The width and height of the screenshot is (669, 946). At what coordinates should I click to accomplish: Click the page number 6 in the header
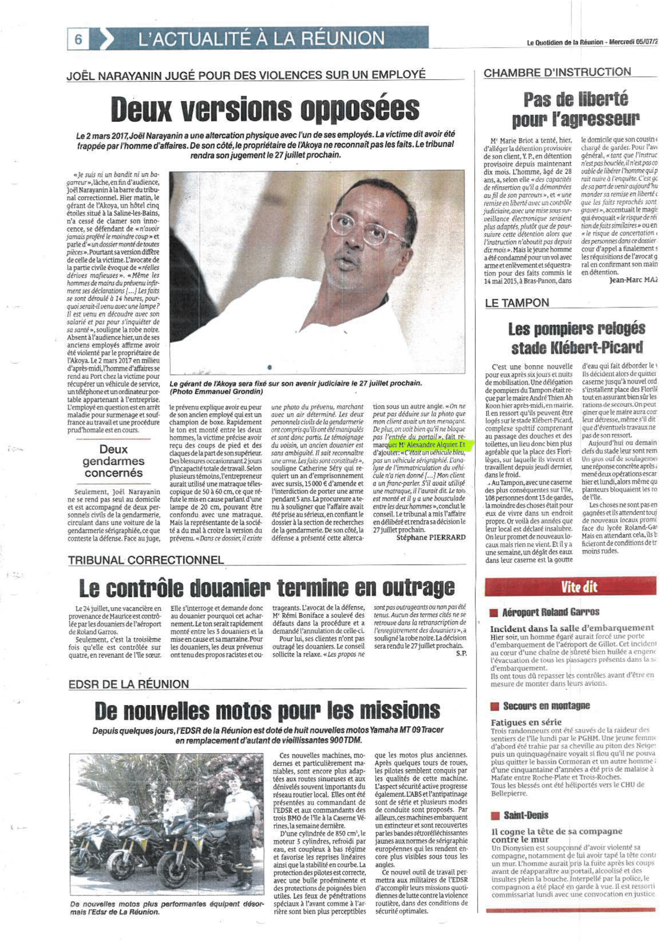[78, 40]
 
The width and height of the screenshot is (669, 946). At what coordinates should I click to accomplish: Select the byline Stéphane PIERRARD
[430, 537]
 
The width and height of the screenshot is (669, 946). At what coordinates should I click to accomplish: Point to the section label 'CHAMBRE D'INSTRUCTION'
[557, 72]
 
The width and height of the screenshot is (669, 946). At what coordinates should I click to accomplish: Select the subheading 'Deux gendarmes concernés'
[113, 461]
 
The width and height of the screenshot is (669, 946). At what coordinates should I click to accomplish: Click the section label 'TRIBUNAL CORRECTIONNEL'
[146, 560]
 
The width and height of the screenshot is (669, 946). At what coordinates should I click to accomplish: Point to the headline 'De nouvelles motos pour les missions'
[267, 709]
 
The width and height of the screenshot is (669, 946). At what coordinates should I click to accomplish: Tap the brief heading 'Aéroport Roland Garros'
[550, 612]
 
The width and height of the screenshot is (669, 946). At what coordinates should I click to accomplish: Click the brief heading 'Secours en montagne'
[546, 706]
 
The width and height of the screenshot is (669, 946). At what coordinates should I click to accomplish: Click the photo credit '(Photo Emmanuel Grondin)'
[216, 391]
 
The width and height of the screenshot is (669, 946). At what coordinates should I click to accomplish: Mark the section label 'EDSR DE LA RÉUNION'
[129, 684]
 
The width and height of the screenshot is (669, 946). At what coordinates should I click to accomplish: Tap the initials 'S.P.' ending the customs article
[461, 654]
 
